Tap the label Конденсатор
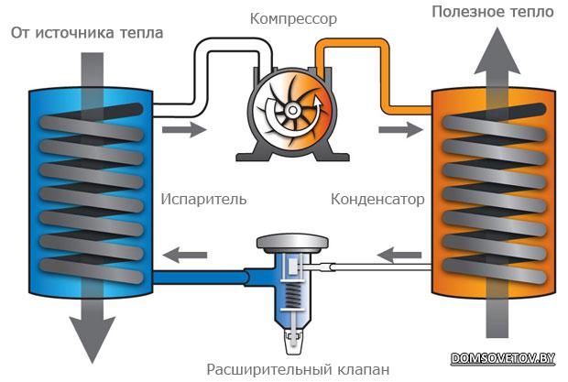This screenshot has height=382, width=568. click(374, 198)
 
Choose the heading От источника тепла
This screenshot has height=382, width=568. click(87, 33)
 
